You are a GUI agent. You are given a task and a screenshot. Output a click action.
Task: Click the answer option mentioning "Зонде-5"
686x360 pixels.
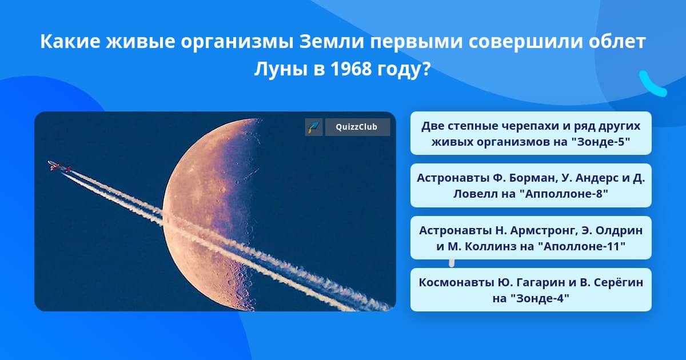531,133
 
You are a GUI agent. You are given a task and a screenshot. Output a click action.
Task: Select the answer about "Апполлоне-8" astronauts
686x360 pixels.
531,186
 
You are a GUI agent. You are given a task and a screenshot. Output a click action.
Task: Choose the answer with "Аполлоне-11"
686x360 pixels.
531,238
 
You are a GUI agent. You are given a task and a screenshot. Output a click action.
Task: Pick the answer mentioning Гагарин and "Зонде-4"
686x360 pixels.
531,290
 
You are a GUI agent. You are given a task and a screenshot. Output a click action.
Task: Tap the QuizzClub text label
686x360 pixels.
357,127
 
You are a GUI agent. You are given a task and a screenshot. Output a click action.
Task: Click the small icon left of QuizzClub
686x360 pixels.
314,127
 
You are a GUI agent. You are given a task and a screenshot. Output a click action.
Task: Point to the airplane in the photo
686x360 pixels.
59,166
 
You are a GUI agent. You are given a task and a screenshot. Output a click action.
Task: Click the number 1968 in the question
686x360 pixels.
351,69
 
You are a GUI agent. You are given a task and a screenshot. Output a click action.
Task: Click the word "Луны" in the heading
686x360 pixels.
281,70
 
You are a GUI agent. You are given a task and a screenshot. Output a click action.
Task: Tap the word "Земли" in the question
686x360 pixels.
332,42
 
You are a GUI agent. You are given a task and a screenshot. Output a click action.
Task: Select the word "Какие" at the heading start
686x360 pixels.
70,42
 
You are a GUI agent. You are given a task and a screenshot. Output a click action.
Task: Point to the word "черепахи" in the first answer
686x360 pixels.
535,126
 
